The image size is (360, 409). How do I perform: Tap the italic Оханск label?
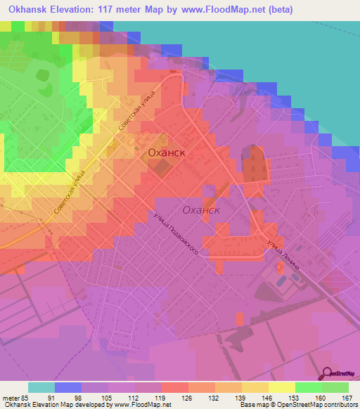(202, 209)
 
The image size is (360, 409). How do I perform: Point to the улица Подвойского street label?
(176, 234)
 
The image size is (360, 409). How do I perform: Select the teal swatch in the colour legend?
(41, 387)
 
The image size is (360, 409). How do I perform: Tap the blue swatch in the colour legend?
(68, 387)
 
